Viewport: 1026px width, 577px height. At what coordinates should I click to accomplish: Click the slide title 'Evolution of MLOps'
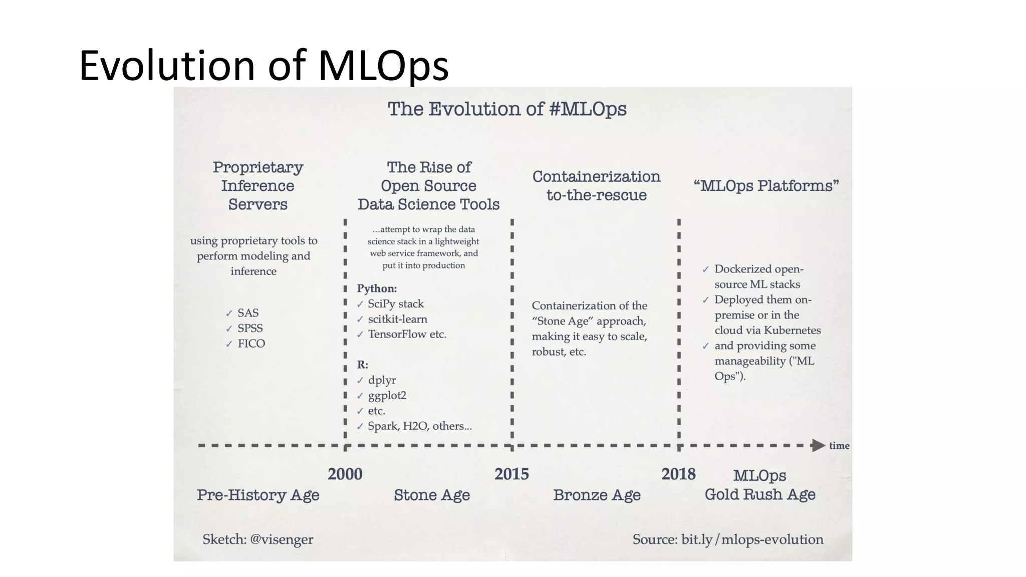click(264, 65)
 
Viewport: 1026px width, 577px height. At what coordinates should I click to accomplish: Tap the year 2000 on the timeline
click(345, 474)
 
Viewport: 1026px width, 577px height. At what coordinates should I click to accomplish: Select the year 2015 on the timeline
click(511, 474)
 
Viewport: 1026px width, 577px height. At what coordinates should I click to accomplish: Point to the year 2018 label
click(678, 474)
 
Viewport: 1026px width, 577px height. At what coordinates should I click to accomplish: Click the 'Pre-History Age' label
click(258, 495)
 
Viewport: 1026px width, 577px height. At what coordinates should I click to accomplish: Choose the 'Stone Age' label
click(432, 495)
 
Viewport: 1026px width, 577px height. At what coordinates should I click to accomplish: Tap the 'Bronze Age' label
click(597, 495)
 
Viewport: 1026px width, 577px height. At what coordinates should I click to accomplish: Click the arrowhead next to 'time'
click(818, 445)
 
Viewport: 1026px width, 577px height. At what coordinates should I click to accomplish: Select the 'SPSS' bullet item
click(250, 328)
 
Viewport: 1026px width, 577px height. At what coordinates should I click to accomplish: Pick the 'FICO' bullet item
click(251, 344)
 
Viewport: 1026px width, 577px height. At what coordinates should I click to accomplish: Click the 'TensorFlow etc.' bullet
click(407, 334)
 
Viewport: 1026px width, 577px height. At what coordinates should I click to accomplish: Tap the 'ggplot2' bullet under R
click(387, 395)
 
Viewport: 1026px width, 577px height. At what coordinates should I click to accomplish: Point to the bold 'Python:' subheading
click(377, 288)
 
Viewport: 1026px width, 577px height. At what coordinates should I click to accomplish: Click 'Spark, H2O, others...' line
click(420, 426)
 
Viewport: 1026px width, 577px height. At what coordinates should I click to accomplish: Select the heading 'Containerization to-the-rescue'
click(596, 185)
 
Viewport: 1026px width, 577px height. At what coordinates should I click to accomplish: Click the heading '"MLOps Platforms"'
click(766, 186)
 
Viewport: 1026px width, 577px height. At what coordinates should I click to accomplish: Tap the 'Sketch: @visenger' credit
click(258, 539)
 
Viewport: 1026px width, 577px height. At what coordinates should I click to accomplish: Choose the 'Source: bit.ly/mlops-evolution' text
click(727, 539)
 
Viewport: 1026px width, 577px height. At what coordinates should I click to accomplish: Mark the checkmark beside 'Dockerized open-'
click(705, 269)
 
